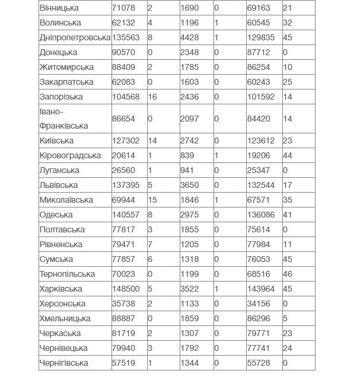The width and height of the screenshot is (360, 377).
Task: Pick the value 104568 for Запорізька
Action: pos(126,97)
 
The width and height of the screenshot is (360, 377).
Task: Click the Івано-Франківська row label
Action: pos(63,119)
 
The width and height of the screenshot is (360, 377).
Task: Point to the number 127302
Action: pos(126,141)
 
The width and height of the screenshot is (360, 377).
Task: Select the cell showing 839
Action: pos(187,155)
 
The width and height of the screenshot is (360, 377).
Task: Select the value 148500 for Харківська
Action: pos(126,289)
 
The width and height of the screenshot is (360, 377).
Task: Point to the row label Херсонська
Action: pos(63,303)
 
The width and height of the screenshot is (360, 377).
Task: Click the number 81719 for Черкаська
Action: pos(124,333)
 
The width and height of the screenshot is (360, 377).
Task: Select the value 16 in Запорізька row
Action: pos(152,97)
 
